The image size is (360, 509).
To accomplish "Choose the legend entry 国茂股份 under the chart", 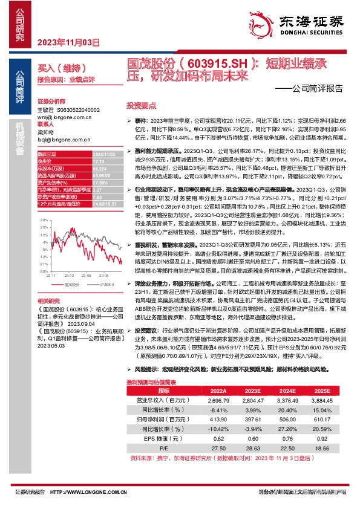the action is pos(70,282).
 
